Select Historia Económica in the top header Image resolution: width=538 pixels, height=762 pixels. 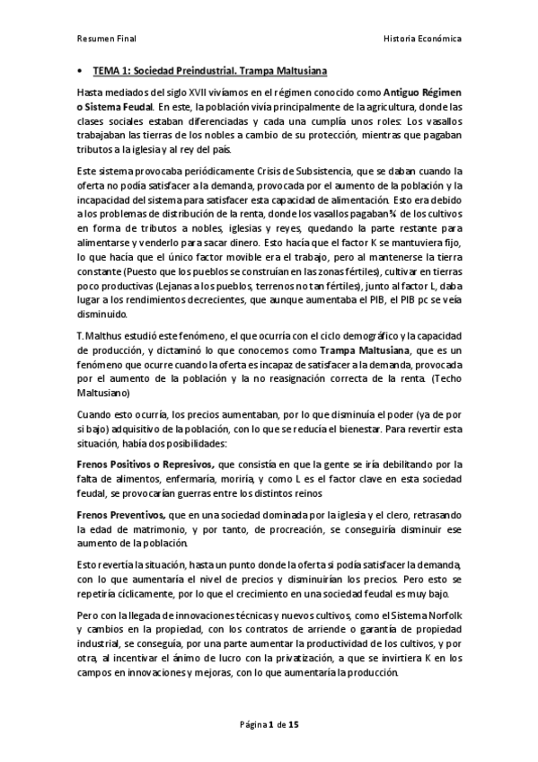point(422,40)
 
